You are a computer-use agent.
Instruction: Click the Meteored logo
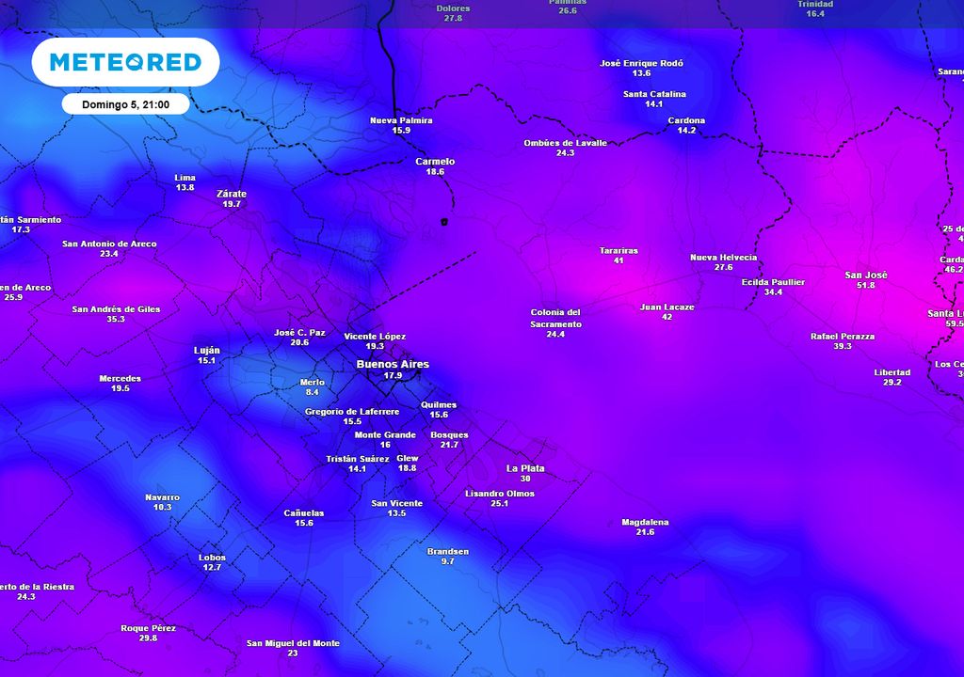[125, 62]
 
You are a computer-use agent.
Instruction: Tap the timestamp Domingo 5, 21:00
[125, 104]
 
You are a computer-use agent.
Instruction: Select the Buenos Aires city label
[393, 364]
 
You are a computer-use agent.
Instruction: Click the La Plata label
[525, 468]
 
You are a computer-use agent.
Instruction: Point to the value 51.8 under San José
[866, 286]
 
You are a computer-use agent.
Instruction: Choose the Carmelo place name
[435, 162]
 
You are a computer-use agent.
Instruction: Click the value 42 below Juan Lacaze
[667, 318]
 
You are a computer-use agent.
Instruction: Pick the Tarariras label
[619, 251]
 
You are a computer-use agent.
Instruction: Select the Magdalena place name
[645, 522]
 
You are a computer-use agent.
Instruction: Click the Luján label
[206, 350]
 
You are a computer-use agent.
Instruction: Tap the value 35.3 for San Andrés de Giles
[116, 320]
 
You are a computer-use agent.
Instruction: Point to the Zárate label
[232, 194]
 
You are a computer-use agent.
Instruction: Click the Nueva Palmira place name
[401, 120]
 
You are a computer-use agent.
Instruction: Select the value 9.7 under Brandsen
[447, 561]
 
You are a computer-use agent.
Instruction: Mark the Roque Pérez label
[148, 628]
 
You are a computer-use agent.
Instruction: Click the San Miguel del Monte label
[293, 643]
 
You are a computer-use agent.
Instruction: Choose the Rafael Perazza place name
[843, 336]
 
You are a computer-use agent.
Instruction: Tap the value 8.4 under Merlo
[313, 392]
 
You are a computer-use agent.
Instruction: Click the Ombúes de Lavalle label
[565, 143]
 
